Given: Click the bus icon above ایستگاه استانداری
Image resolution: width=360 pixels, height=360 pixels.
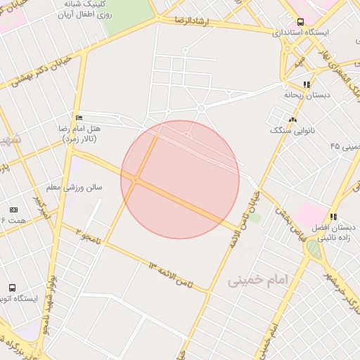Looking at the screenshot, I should tap(301, 22).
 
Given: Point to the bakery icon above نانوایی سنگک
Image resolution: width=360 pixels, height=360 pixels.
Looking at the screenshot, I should tap(292, 120).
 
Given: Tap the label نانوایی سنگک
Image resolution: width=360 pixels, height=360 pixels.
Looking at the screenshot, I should tap(290, 131).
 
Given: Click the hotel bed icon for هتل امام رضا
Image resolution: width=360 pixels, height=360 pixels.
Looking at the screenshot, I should tap(78, 117).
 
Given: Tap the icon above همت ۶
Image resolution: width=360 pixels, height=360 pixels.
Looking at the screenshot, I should tap(13, 210).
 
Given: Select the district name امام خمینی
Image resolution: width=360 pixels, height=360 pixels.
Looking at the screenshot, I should tap(258, 280).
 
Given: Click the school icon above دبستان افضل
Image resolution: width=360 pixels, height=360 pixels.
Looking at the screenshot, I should tap(333, 217).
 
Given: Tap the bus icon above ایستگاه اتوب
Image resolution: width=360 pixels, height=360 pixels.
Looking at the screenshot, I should tap(12, 288).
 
